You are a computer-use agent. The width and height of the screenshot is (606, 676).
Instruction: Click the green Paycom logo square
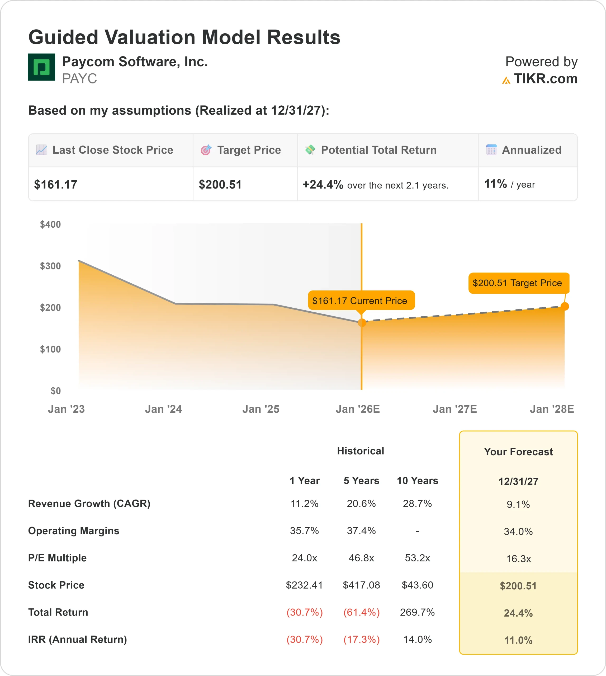coord(41,67)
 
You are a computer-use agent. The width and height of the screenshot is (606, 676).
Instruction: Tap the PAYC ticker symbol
coord(79,79)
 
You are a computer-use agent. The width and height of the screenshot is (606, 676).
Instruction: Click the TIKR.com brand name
coord(545,79)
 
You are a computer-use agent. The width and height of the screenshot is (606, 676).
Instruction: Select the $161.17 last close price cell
coord(56,185)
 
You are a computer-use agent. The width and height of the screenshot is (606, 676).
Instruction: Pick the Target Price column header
coord(249,150)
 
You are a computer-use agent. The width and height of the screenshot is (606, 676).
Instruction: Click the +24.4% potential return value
coord(323,185)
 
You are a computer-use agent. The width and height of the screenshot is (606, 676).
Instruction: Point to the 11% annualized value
coord(495,184)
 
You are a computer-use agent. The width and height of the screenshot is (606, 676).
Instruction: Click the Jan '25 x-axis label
coord(261,409)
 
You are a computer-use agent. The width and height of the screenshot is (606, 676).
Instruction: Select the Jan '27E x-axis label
coord(454,409)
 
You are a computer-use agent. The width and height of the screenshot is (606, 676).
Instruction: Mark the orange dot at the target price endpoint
coord(565,307)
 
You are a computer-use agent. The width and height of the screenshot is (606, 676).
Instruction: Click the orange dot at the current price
coord(362,322)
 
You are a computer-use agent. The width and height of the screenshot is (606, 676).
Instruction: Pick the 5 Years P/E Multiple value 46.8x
coord(361,558)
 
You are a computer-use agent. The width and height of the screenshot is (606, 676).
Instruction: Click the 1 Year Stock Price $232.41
coord(304,585)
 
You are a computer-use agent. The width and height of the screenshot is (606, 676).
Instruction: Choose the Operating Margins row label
coord(74,531)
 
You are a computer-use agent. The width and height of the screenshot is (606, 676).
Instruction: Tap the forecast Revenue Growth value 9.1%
coord(518,504)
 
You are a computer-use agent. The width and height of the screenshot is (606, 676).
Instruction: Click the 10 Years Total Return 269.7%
coord(417,612)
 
